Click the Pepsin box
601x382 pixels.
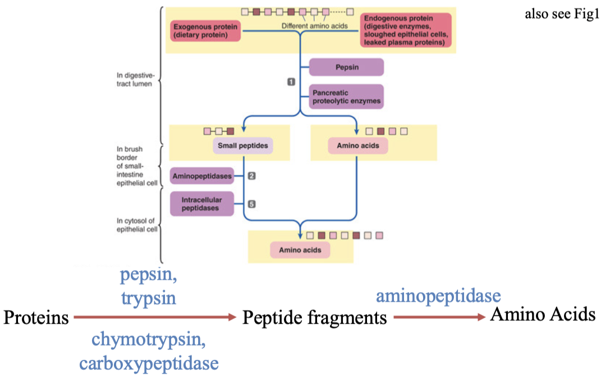point(346,67)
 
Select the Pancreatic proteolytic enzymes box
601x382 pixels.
point(346,96)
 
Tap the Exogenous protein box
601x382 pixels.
point(205,30)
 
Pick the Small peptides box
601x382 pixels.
point(242,146)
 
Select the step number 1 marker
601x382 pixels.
point(291,82)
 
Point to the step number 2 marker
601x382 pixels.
point(251,176)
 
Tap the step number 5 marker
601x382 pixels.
point(251,204)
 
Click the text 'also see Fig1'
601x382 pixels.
point(558,14)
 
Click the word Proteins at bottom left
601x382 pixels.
point(36,318)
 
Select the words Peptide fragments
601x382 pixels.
point(314,318)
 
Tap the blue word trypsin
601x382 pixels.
point(148,298)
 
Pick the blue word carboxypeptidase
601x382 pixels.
point(149,363)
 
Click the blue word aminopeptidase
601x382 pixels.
point(438,295)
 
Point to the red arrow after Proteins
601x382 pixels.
point(154,318)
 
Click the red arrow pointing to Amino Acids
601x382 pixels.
point(439,317)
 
